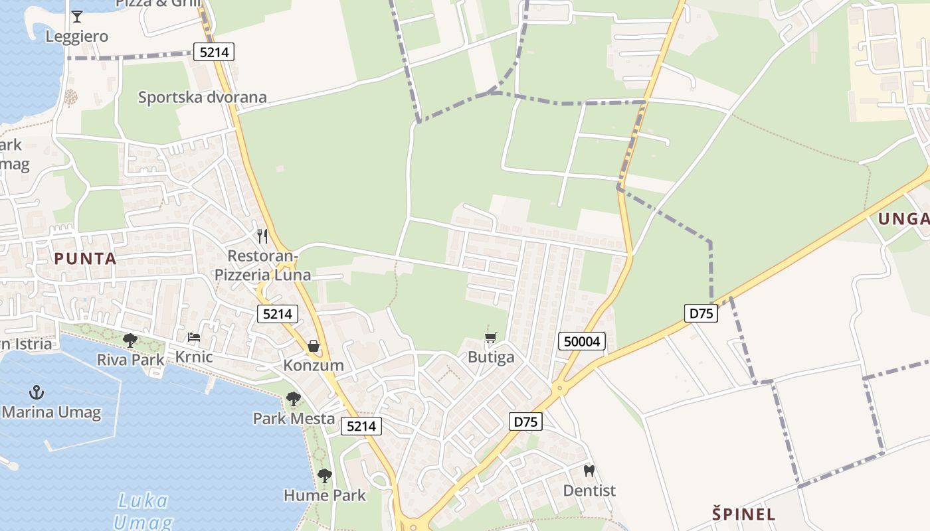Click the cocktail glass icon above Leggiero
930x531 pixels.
point(77,16)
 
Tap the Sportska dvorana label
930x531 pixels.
point(202,98)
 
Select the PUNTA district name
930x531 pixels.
point(85,259)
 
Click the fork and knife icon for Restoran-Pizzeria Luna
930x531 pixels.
point(262,236)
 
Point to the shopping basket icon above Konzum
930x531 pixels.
point(314,346)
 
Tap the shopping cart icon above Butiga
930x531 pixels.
point(491,338)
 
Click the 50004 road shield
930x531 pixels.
point(581,342)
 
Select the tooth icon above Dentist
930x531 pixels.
point(589,471)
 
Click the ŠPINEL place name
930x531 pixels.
point(744,514)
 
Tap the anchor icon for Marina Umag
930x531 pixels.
point(37,392)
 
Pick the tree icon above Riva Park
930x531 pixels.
point(130,341)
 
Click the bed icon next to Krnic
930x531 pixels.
point(194,337)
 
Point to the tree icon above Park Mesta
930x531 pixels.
point(293,399)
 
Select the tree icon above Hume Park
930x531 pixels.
point(325,475)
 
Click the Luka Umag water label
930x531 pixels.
point(142,510)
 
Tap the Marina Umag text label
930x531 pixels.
point(51,412)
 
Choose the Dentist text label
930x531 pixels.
point(589,491)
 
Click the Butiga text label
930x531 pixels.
point(491,357)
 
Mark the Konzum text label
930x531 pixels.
point(314,365)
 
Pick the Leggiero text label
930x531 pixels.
point(76,37)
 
